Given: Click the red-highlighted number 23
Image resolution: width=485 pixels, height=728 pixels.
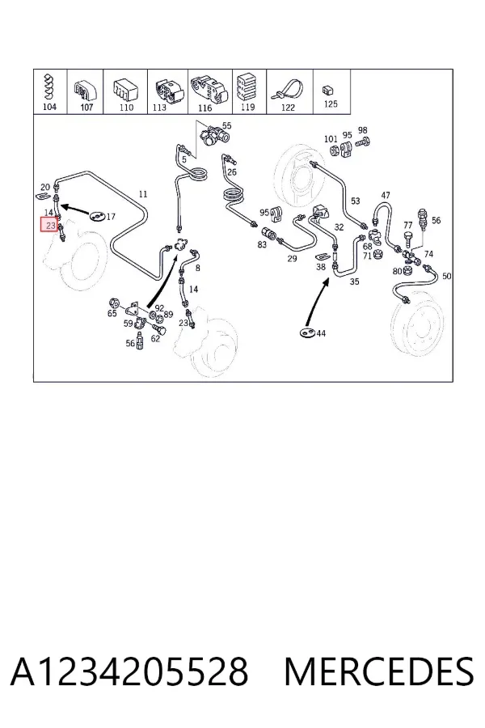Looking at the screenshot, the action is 50,226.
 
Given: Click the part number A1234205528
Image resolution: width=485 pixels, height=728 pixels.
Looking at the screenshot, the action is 129,671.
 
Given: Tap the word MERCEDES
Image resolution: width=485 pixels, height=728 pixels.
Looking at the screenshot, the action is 379,671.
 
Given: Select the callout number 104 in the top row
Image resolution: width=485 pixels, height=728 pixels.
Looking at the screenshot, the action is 49,107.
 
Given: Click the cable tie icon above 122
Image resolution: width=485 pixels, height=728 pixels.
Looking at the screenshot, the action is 288,90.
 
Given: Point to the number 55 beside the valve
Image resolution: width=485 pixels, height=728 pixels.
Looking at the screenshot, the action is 226,125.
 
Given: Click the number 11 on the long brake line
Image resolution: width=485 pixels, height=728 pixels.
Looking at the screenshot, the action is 143,193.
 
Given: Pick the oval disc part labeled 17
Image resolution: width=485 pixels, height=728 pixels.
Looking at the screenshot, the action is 98,216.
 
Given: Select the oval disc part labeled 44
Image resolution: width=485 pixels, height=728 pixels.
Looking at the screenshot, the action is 307,332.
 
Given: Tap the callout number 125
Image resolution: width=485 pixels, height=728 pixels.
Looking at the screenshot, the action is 330,104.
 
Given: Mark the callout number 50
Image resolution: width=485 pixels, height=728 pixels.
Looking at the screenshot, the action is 446,277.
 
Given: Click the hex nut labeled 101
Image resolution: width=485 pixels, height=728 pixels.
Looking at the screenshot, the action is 334,150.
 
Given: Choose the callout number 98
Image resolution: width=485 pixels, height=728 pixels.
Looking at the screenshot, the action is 362,131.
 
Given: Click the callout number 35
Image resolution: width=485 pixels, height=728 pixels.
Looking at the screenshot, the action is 355,281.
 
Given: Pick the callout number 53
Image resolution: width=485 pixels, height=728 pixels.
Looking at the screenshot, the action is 355,201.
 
